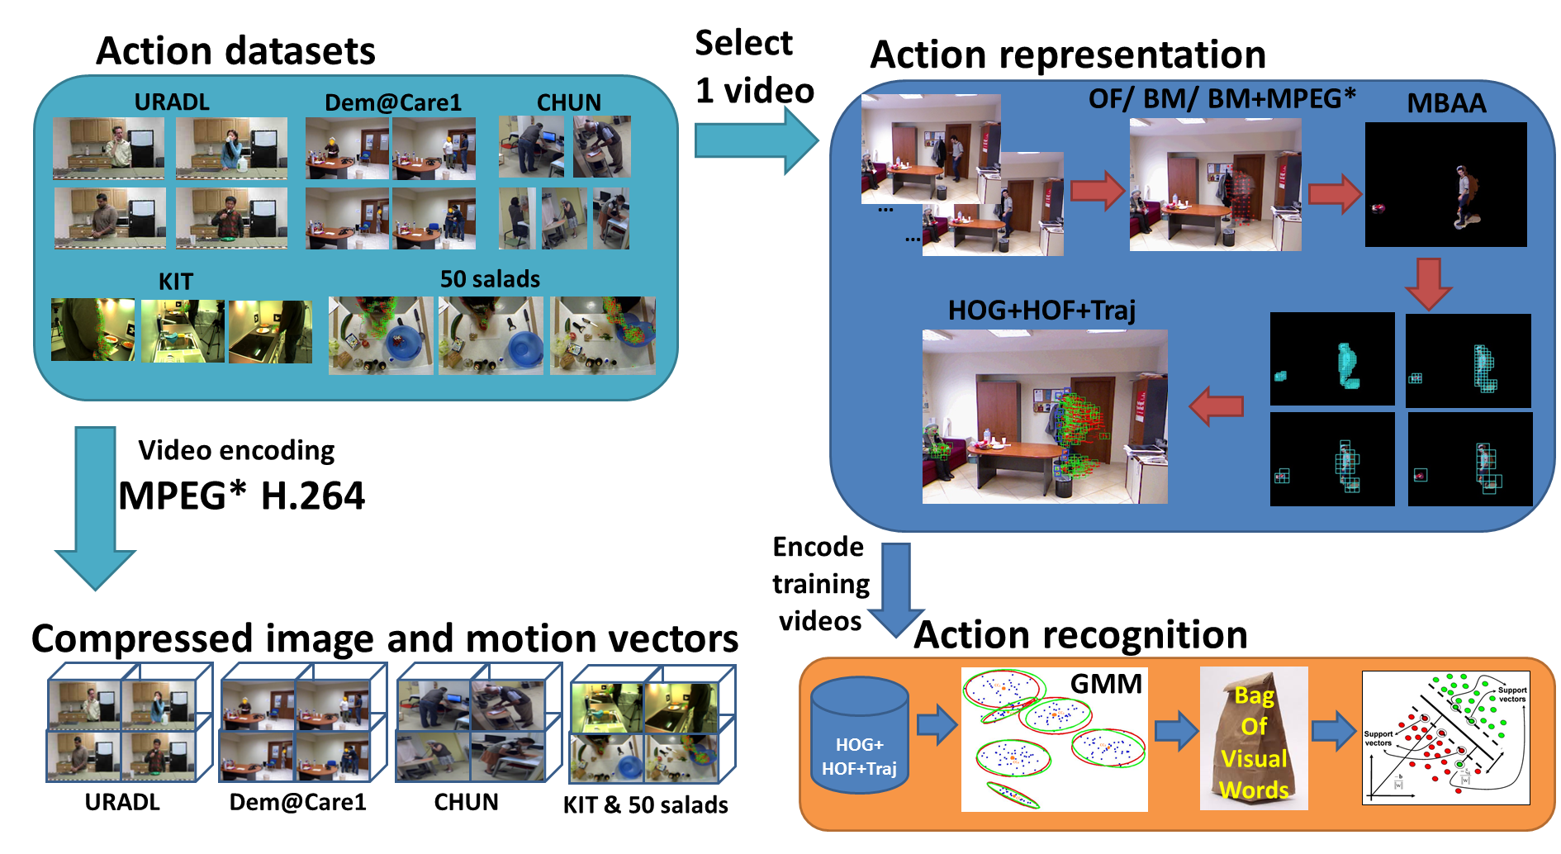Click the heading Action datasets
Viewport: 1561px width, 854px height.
click(235, 51)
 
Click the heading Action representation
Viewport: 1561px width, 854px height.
click(1068, 55)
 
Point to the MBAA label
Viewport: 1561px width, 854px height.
click(1446, 103)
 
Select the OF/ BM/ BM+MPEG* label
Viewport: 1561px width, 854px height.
click(1222, 99)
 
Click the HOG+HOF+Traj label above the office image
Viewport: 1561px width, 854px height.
click(1041, 311)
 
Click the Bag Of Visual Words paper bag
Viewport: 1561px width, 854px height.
click(1253, 739)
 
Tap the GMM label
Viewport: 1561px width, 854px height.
click(1106, 684)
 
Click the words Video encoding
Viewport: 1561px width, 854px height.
click(236, 450)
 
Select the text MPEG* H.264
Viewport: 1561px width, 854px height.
click(241, 496)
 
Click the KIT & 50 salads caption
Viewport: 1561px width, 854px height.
click(645, 805)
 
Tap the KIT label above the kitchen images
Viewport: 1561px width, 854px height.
click(175, 282)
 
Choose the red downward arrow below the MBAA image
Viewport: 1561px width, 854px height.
click(1428, 283)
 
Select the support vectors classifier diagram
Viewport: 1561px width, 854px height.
click(1445, 738)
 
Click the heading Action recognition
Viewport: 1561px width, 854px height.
click(1080, 635)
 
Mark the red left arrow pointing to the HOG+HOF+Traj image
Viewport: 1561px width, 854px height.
click(1217, 406)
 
